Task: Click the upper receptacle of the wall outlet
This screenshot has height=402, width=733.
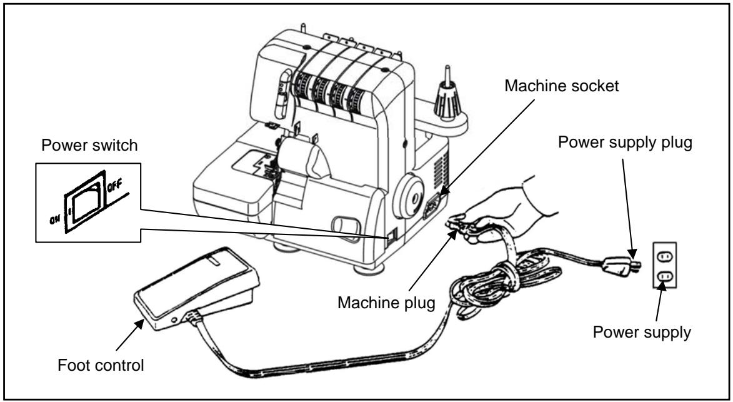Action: click(664, 255)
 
